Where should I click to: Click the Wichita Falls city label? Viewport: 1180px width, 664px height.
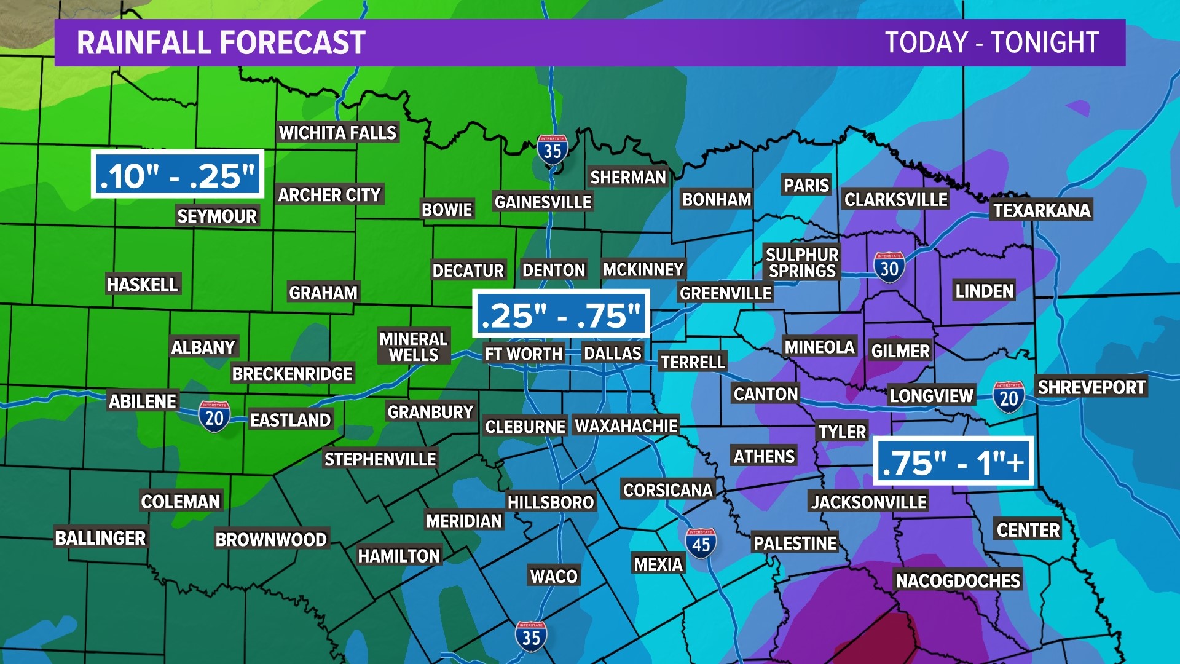point(337,133)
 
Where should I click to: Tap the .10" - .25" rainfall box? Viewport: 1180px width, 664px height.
point(178,175)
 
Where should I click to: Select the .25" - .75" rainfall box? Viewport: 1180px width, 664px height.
point(561,314)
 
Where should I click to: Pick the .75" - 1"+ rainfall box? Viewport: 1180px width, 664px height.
point(953,462)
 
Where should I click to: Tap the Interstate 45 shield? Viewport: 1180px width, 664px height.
point(701,543)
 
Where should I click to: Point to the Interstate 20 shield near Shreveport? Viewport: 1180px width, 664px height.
point(1009,398)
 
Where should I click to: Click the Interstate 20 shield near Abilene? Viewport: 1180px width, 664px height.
point(214,417)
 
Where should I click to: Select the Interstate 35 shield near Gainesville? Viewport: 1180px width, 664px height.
point(552,149)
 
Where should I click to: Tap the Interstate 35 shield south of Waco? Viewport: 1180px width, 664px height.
point(531,636)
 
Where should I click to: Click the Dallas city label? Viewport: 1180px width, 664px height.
point(612,354)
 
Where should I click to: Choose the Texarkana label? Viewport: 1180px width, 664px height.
point(1042,210)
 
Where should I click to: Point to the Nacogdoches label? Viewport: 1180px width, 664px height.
point(958,580)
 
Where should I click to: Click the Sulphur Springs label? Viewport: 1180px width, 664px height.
point(802,263)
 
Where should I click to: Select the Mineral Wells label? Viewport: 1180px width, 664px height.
point(413,347)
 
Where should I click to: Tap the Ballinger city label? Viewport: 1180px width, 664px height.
point(100,538)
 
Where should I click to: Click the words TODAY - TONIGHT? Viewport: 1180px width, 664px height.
point(991,42)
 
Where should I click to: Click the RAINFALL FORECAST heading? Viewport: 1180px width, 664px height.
point(221,42)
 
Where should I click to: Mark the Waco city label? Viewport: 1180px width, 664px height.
point(554,576)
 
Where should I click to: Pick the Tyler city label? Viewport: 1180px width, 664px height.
point(842,432)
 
